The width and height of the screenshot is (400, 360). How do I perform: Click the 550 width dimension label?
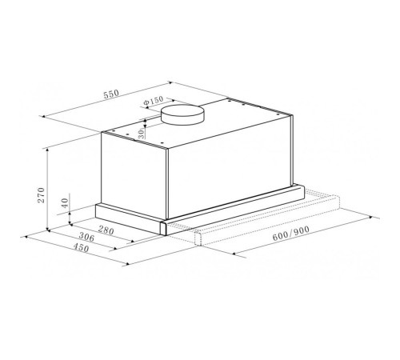tap(110, 95)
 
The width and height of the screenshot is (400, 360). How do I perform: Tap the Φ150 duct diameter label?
tap(152, 102)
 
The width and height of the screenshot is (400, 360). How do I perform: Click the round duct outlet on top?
tap(182, 114)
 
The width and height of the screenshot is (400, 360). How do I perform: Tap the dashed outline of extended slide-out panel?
tap(264, 224)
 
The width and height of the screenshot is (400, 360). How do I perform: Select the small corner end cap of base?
tap(164, 227)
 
